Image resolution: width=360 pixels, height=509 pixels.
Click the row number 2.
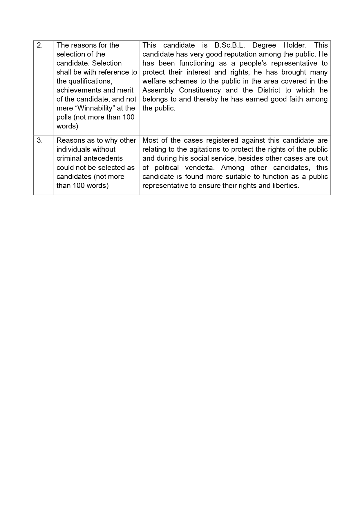pos(40,45)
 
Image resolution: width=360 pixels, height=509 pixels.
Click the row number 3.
pos(40,140)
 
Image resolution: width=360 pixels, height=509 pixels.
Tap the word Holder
pos(295,45)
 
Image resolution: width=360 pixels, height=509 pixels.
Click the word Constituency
pos(200,90)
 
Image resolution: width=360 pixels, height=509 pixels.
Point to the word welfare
pos(153,81)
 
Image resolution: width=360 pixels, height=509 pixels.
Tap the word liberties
pos(285,186)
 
